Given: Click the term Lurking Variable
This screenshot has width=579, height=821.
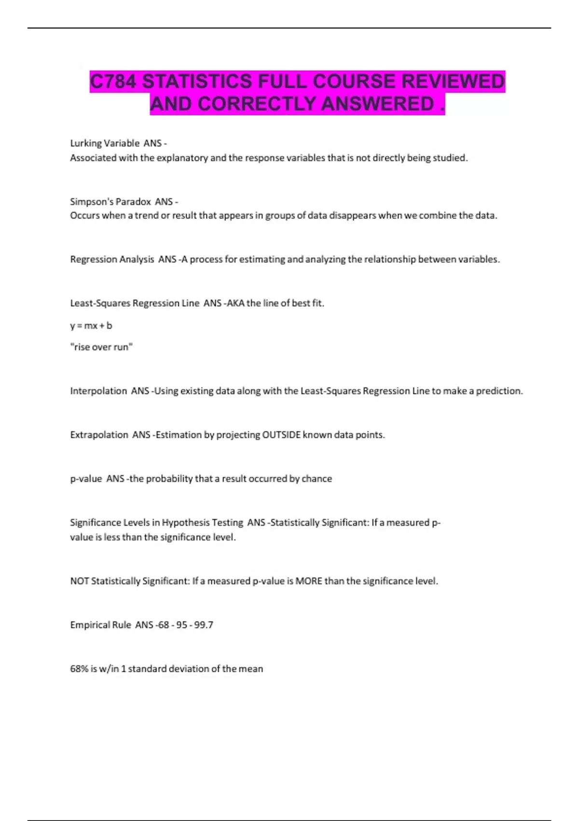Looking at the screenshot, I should [105, 143].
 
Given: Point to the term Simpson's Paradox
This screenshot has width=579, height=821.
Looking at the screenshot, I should [110, 201].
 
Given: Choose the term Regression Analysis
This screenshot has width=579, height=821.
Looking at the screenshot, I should [112, 259].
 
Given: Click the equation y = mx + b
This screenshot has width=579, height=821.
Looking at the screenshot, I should [91, 326].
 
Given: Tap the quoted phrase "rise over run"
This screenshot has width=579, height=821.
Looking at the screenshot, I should [101, 347].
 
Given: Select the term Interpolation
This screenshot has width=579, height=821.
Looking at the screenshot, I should [98, 391].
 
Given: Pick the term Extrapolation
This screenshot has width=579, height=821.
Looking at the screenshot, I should [99, 435].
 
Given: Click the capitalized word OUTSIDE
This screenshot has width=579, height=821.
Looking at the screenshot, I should [281, 435].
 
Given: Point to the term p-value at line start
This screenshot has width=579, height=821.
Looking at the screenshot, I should [86, 479].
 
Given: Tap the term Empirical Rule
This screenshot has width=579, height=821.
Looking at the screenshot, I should [100, 625].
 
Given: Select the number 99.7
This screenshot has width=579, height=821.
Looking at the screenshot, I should [204, 625].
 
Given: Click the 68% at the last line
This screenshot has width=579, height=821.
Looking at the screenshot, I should [79, 669].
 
